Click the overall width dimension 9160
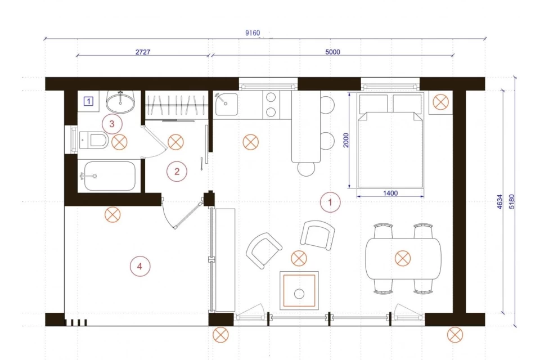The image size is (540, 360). tap(253, 33)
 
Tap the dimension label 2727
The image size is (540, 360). tap(142, 52)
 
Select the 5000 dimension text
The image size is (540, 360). tap(332, 52)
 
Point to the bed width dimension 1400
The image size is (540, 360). tap(390, 193)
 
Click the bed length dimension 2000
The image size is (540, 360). tap(346, 140)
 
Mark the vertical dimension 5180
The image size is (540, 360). tap(511, 202)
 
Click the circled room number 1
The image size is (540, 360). tap(330, 202)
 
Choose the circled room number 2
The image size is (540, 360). tap(177, 171)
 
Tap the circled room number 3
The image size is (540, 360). tap(112, 124)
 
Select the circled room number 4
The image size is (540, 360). tap(140, 266)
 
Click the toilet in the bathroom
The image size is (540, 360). tap(94, 141)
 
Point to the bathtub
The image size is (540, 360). tap(110, 176)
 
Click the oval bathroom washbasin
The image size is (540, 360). tap(120, 101)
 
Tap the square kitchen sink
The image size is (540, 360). tap(226, 103)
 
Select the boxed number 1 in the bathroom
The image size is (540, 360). tap(88, 101)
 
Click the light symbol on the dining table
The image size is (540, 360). tap(403, 258)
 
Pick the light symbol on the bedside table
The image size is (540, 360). tap(440, 102)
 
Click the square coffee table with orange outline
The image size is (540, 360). tap(299, 290)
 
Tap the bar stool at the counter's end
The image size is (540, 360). tap(306, 168)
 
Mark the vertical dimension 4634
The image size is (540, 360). tap(500, 202)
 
